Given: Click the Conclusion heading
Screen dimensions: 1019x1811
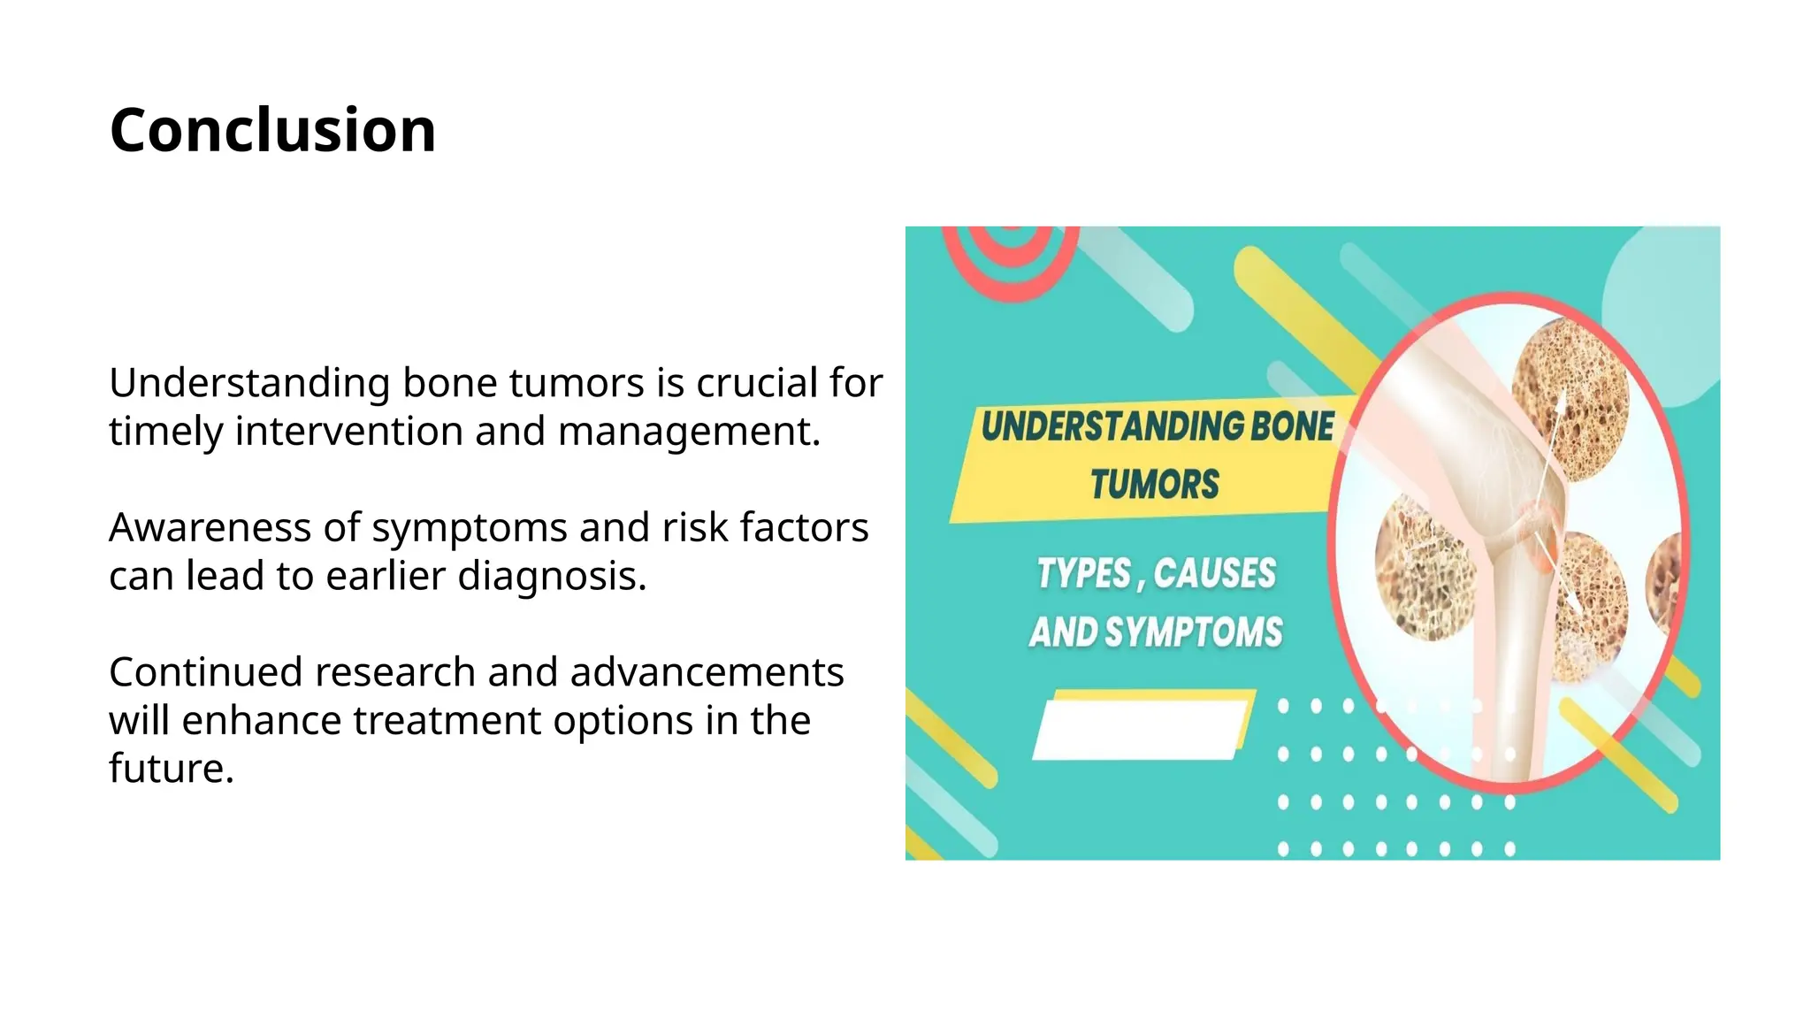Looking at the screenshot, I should (272, 130).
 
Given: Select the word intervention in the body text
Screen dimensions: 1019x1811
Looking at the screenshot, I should (348, 432).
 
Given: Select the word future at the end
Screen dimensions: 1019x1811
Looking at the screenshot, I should (170, 769).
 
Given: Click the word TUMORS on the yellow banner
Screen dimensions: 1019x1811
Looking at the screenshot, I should (1154, 485).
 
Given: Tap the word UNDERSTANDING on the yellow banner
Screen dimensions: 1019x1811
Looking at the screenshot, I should (1112, 427).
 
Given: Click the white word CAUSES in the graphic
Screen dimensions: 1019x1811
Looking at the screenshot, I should (1214, 574).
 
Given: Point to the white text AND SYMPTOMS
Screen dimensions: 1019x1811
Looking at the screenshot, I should (1155, 632).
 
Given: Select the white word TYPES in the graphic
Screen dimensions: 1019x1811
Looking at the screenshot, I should (1083, 574).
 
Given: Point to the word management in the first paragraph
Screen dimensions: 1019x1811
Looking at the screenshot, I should (689, 432).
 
